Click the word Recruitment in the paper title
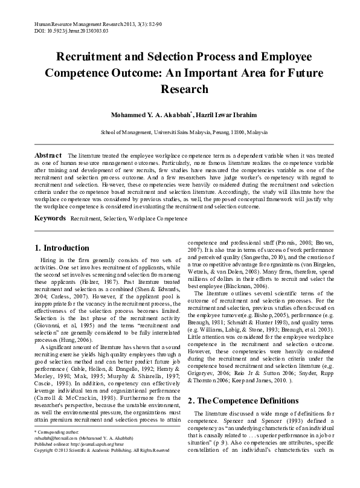[x=90, y=57]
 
